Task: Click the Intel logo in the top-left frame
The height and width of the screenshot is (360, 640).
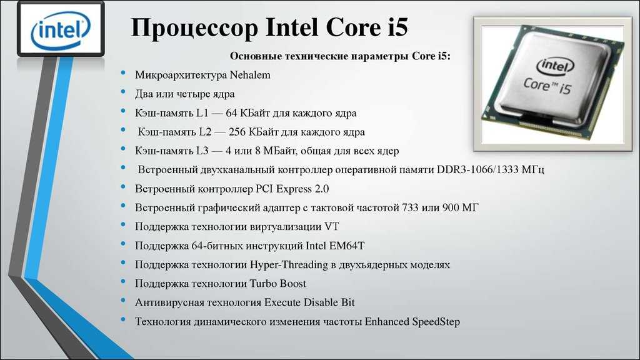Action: tap(61, 29)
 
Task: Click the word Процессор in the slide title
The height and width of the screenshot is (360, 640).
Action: tap(195, 28)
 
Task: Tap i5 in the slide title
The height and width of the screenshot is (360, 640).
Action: tap(395, 27)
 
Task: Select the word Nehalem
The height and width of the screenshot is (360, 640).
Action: tap(250, 75)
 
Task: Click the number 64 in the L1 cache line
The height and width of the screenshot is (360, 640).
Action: tap(231, 112)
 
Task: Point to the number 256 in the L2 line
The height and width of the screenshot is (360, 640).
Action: tap(237, 132)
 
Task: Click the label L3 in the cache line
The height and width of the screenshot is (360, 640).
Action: tap(202, 151)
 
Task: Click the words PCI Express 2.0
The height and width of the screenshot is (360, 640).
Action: tap(292, 189)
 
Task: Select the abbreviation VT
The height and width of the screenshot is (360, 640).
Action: tap(331, 226)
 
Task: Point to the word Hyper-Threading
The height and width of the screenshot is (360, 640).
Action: tap(289, 265)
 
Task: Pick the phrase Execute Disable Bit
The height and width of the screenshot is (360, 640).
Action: tap(309, 302)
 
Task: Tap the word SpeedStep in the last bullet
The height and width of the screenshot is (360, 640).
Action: tap(436, 322)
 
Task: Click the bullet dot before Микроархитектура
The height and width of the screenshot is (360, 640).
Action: tap(123, 73)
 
